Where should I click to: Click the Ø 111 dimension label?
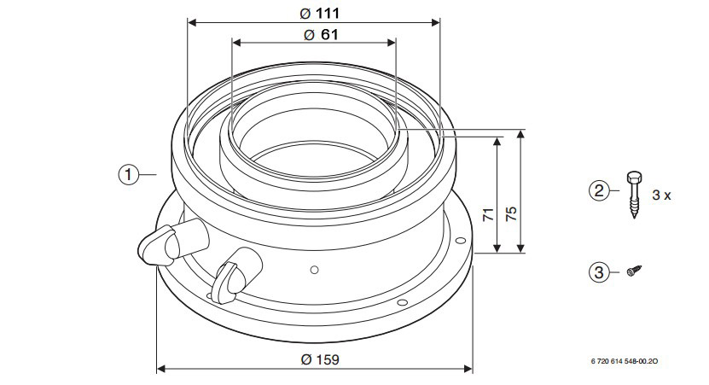[319, 13]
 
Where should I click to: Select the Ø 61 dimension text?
[321, 34]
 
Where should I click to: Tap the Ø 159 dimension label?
[320, 359]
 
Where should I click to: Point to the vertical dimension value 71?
[488, 213]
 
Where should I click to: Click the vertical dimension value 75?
[511, 213]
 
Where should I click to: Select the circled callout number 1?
[129, 174]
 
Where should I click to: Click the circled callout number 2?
[599, 190]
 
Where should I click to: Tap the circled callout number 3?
[599, 272]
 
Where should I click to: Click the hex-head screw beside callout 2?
[634, 195]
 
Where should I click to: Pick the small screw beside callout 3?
[634, 271]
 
